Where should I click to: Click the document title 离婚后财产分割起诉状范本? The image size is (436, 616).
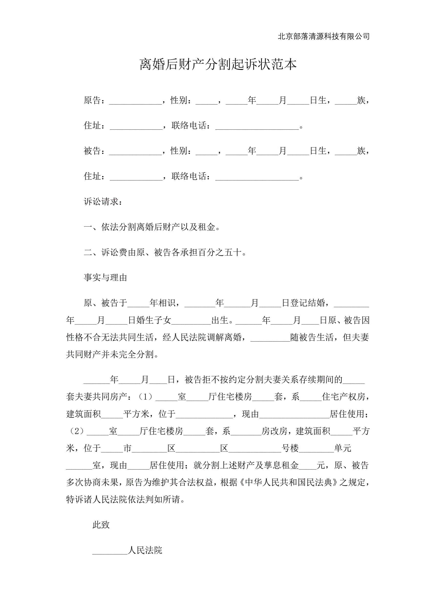218,65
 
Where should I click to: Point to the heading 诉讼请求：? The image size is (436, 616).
103,201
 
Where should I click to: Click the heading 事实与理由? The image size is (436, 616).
105,277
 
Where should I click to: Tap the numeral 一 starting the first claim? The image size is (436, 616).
88,227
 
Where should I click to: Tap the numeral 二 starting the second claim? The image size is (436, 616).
88,252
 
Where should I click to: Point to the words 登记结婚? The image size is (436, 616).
308,303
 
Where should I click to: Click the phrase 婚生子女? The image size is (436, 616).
154,320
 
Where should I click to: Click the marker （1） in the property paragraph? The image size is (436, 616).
145,397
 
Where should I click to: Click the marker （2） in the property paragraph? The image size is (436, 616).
76,431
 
